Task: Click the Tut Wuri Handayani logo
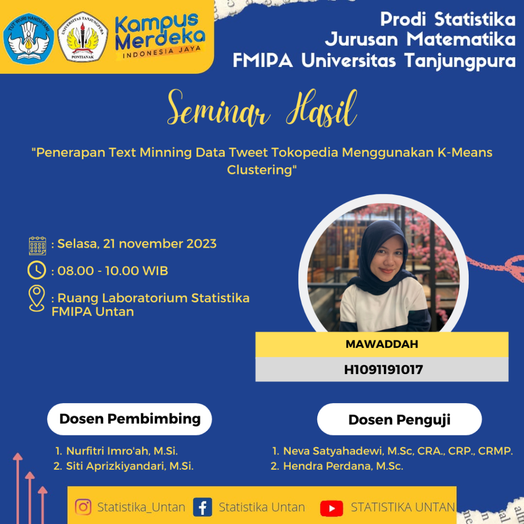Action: pos(29,38)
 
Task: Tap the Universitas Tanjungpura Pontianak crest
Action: pos(82,37)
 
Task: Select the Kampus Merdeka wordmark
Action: pos(160,36)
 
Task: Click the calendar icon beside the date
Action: pos(37,246)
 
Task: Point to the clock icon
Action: pos(37,270)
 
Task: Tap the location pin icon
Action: pos(37,298)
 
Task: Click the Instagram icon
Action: pos(83,507)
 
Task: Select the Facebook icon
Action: pos(203,507)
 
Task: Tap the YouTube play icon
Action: pos(332,508)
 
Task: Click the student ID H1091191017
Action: pos(383,369)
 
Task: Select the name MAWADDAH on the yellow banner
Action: pos(382,344)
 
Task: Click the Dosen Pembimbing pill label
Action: pos(129,419)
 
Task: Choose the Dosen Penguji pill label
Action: pos(399,420)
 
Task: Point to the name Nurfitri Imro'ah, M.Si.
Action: pos(122,451)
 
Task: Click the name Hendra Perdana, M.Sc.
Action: pos(343,466)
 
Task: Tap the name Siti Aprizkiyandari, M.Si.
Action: pos(129,466)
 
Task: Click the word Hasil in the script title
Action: pos(321,108)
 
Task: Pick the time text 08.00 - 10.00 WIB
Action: pos(113,271)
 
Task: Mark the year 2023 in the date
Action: pos(202,244)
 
